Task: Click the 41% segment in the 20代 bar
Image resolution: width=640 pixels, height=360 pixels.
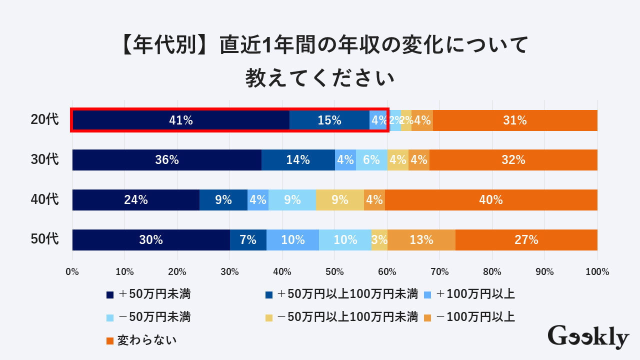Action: (x=181, y=120)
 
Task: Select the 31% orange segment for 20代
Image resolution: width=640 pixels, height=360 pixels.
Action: (x=515, y=120)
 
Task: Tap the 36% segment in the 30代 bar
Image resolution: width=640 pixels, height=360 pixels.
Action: (x=167, y=160)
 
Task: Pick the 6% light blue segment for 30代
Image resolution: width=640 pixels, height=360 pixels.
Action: (x=371, y=160)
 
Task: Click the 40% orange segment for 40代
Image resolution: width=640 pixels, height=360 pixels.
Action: (x=491, y=200)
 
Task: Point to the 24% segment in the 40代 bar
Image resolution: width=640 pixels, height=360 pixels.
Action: (x=136, y=200)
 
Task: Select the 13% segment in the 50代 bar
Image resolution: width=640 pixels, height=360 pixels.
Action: (x=421, y=240)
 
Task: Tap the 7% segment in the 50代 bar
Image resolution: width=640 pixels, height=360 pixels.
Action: (x=248, y=240)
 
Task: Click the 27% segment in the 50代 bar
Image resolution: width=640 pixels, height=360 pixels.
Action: (x=526, y=240)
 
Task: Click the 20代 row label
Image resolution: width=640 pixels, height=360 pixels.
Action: (x=44, y=120)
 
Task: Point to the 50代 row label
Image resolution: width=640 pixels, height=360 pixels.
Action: (x=44, y=239)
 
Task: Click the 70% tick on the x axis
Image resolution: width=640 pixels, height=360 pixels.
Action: (x=439, y=272)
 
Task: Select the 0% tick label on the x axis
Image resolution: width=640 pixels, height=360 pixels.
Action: (x=72, y=272)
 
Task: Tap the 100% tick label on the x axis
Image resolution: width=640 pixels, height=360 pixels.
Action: (x=597, y=272)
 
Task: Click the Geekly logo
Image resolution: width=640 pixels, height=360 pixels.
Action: (x=588, y=336)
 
